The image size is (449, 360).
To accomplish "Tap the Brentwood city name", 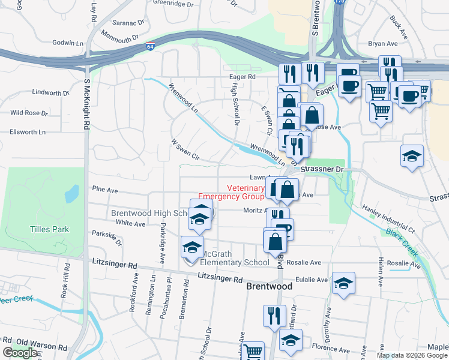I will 270,287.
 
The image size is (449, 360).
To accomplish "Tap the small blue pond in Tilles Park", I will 71,193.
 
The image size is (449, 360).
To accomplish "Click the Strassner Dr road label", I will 321,170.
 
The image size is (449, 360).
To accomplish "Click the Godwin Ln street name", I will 68,43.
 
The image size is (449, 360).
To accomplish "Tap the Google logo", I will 20,353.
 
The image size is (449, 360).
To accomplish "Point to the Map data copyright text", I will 412,355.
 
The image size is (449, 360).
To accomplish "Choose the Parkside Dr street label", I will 106,239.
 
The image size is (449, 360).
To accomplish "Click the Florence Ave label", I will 330,349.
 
